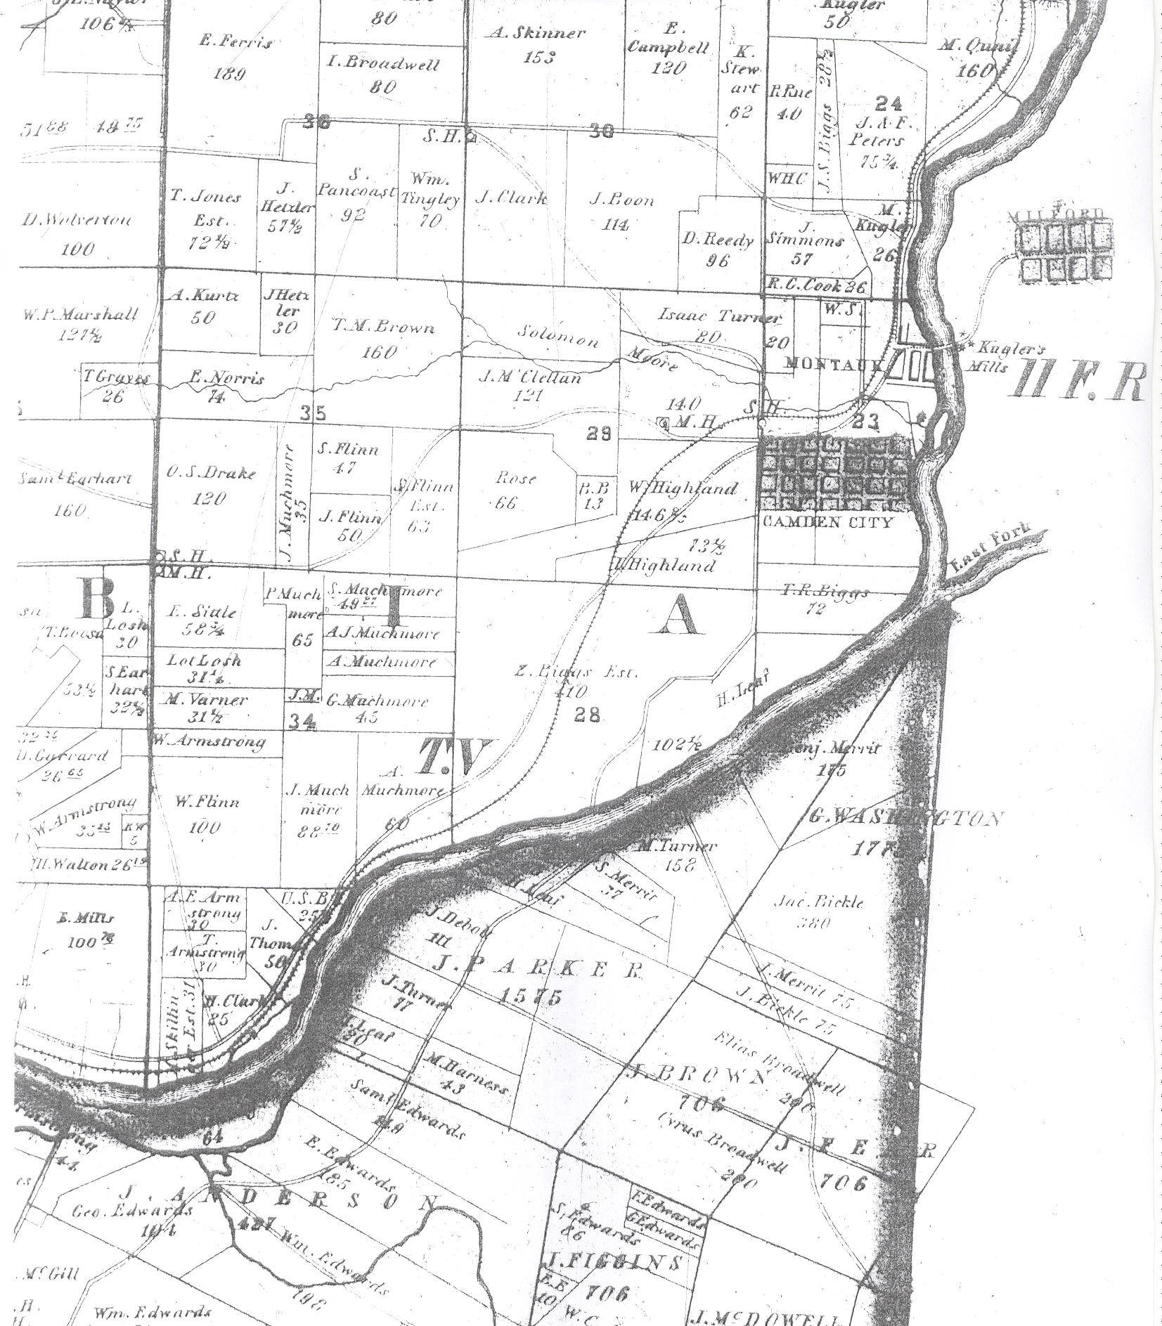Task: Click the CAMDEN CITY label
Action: pos(827,521)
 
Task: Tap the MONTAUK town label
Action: pos(832,364)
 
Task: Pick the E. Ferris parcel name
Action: pos(235,41)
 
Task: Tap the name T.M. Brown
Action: pos(383,326)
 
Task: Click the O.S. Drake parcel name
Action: pos(211,473)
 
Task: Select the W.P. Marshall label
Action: pos(79,314)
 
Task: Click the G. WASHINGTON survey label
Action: pos(905,817)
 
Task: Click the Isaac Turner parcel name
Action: pos(718,316)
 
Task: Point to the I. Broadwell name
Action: pos(384,65)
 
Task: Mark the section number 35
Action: pos(313,412)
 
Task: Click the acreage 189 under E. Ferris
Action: pos(228,72)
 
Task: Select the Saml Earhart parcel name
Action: pos(75,479)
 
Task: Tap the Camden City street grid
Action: pos(837,473)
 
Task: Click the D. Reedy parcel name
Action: pos(717,240)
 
